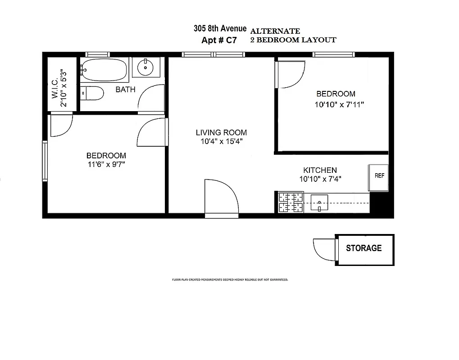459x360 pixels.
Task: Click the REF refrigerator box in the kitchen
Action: [379, 176]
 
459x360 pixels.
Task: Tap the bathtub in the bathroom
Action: [104, 70]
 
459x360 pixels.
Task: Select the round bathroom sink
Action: [146, 68]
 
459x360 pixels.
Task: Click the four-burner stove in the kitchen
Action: [291, 202]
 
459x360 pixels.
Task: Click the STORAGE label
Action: [364, 248]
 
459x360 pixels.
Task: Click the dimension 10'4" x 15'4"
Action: [221, 142]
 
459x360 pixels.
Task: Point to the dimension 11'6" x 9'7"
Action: [106, 164]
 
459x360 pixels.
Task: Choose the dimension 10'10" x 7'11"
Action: [339, 104]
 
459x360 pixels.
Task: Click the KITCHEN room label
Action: [320, 170]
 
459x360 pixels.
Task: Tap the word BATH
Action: [125, 90]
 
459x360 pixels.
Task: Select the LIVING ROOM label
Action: [221, 132]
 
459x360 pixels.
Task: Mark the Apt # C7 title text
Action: [219, 40]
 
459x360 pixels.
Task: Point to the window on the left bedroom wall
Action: [45, 161]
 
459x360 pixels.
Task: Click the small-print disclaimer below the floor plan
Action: [230, 279]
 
